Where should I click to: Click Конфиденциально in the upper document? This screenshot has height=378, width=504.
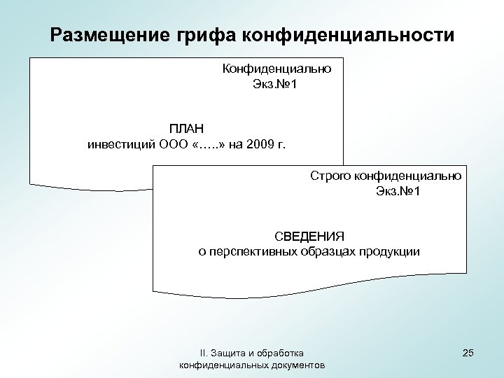pos(276,69)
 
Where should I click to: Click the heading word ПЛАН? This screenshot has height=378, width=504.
pos(186,129)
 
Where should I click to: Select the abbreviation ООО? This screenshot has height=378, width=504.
pos(172,145)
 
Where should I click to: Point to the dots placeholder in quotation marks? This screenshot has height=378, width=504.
pos(208,145)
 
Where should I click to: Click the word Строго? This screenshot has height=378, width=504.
pos(332,176)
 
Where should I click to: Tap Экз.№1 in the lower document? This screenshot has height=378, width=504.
pos(398,192)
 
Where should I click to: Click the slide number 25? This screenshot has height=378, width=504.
pos(468,352)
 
